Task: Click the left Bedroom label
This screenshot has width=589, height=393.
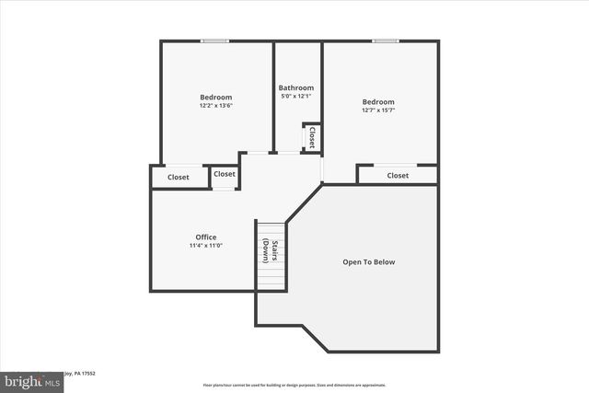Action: click(216, 97)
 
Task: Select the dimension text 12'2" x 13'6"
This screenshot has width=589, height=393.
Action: click(216, 106)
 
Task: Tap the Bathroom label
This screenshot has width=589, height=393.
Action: click(296, 87)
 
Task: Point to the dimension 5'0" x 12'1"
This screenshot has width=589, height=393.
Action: click(296, 97)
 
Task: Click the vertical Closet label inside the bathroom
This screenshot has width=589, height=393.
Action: click(311, 137)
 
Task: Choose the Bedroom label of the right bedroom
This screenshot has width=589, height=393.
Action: click(377, 102)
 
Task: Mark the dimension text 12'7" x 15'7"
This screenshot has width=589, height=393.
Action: click(377, 111)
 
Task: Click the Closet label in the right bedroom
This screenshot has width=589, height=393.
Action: click(398, 175)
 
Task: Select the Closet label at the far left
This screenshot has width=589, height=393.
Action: click(179, 177)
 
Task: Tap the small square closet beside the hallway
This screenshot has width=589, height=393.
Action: click(225, 174)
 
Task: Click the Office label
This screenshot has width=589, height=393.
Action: click(205, 237)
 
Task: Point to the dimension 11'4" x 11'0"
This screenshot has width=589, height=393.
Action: click(205, 246)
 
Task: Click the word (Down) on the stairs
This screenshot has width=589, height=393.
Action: click(265, 250)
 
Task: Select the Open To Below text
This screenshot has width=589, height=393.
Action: click(368, 262)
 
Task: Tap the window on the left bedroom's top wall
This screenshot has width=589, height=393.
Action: click(215, 40)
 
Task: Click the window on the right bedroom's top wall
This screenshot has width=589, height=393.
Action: click(386, 40)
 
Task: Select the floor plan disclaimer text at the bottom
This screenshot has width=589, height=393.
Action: click(294, 385)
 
